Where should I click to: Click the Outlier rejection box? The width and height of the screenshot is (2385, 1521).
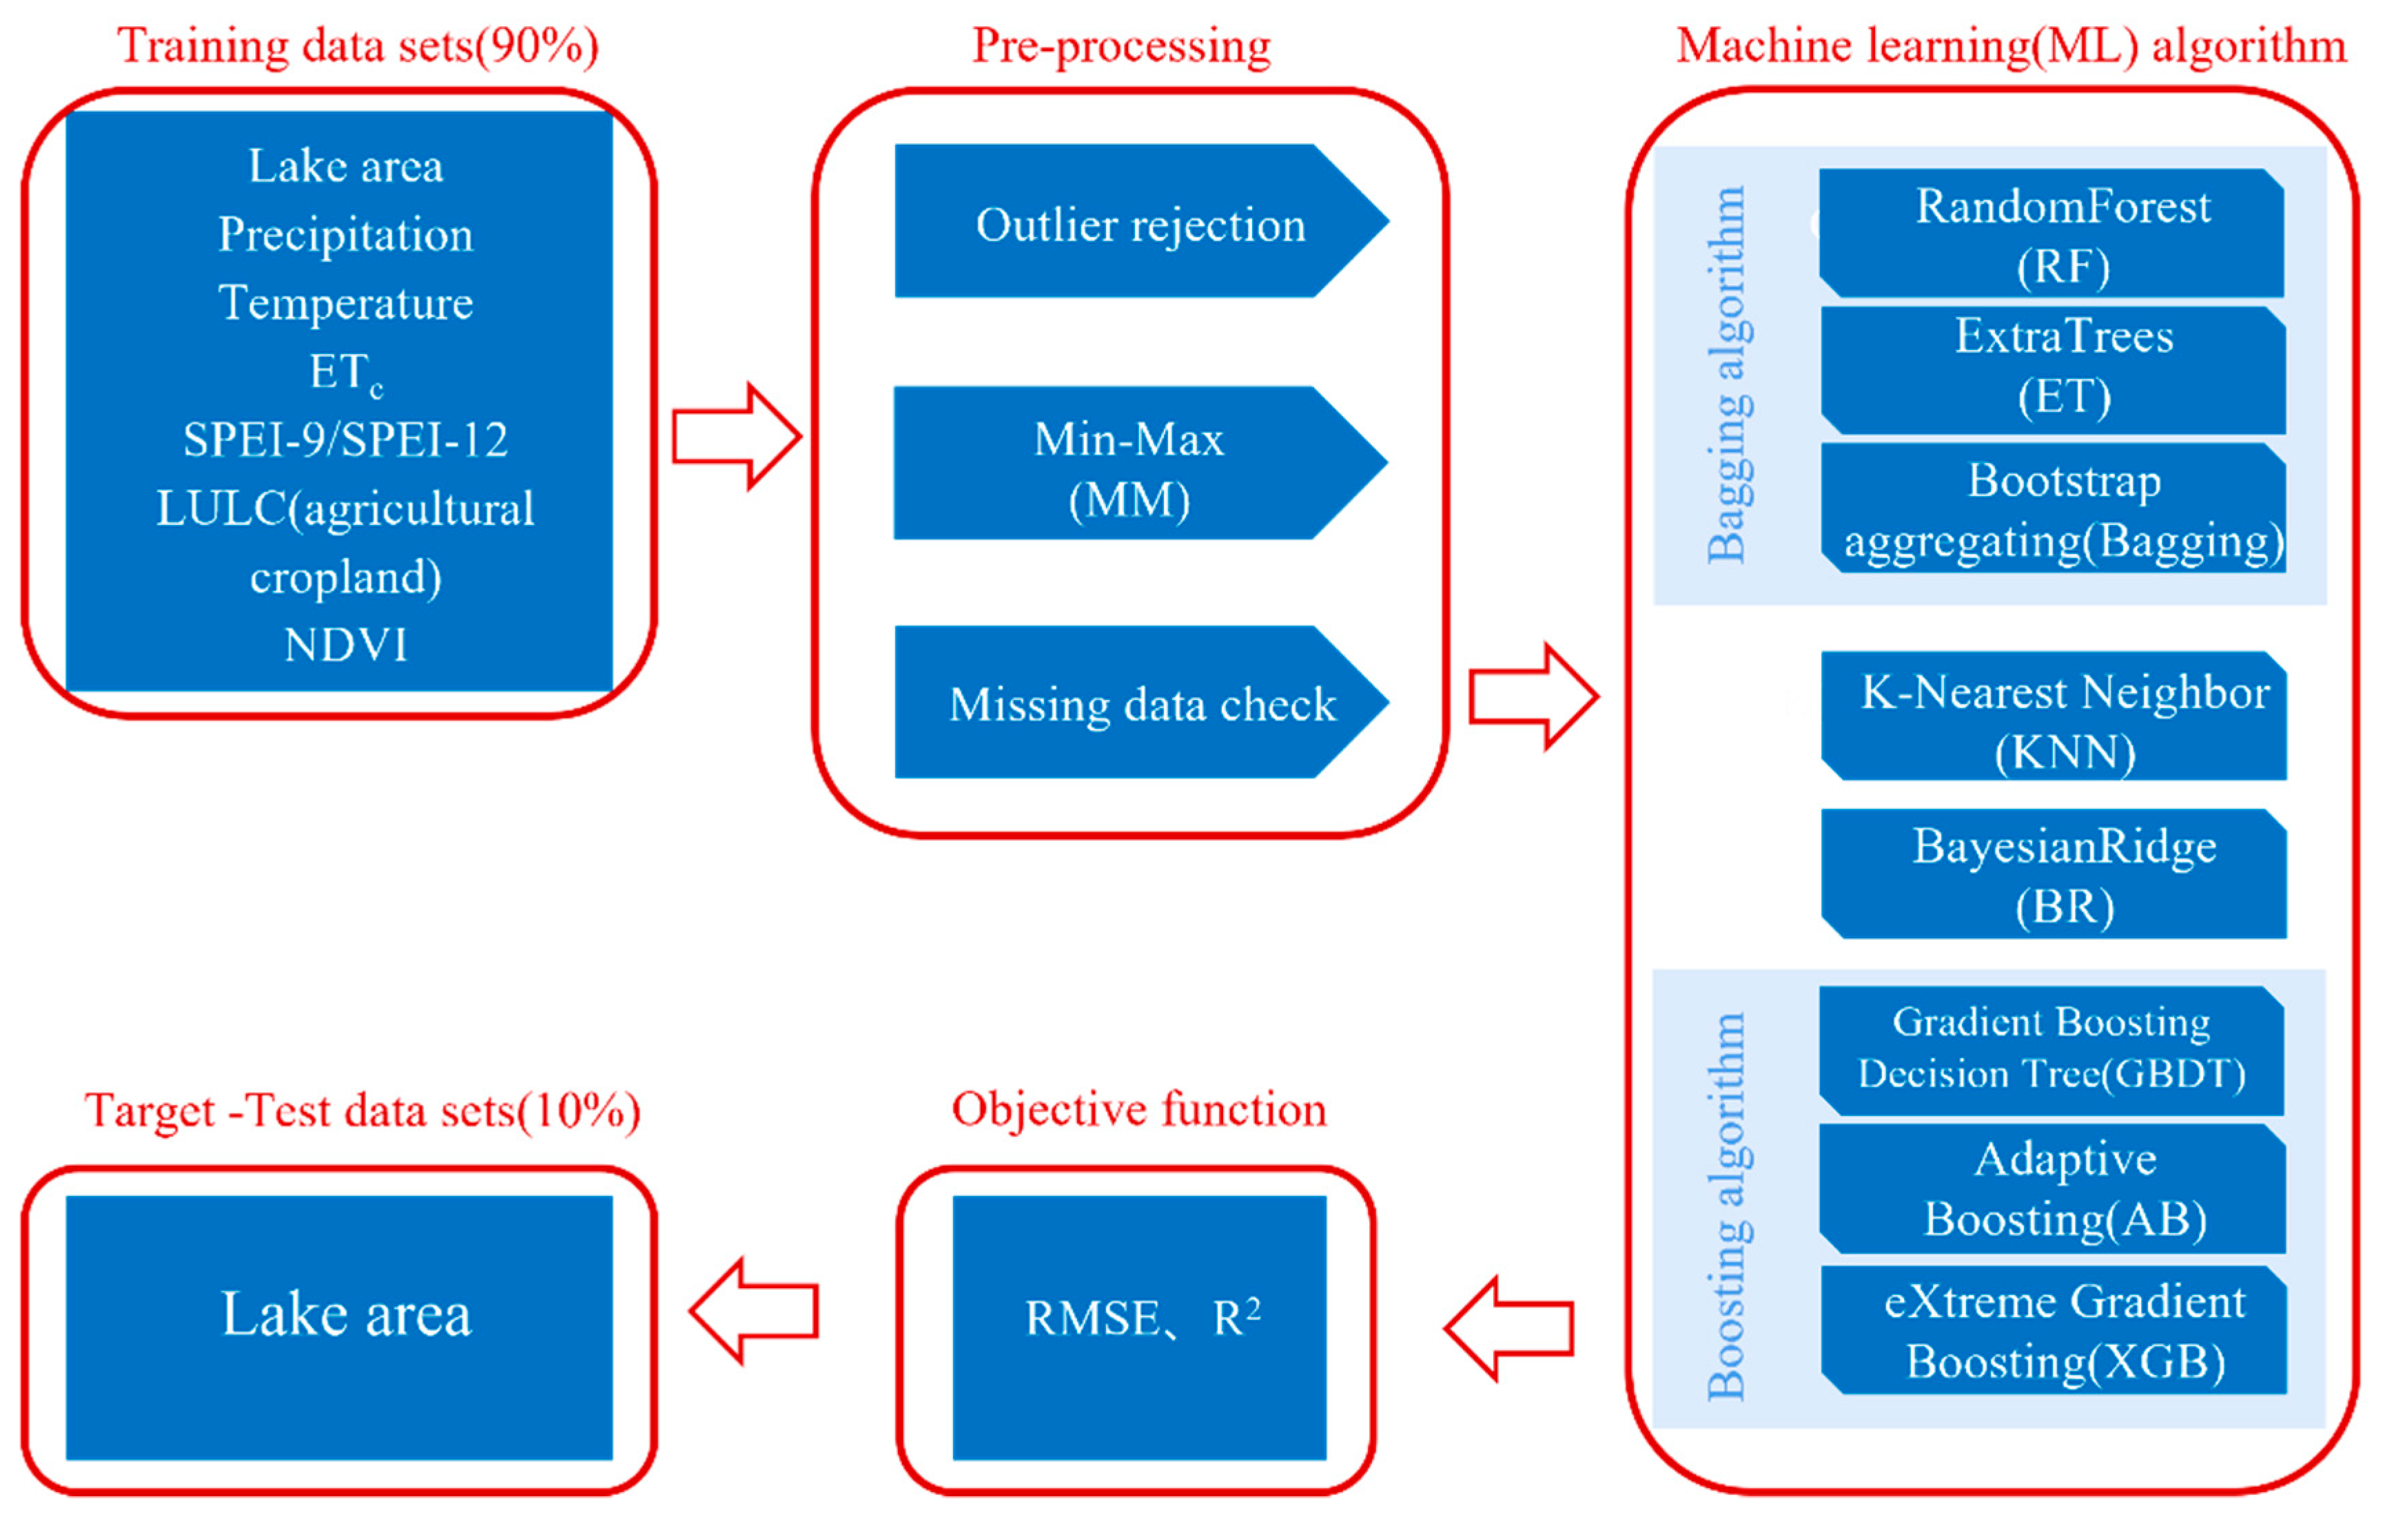pyautogui.click(x=1139, y=222)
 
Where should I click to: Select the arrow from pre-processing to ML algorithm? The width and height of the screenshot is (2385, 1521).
pyautogui.click(x=1532, y=697)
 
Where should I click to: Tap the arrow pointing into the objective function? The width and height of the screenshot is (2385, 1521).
pyautogui.click(x=1508, y=1329)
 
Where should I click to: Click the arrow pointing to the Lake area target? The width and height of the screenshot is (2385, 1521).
pyautogui.click(x=755, y=1311)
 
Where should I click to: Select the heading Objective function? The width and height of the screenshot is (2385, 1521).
pyautogui.click(x=1139, y=1110)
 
